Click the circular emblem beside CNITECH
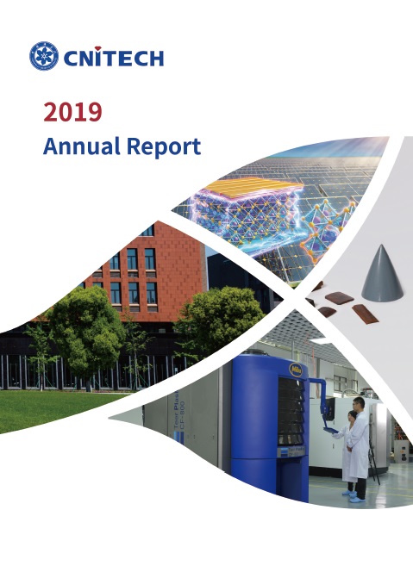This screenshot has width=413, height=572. [44, 56]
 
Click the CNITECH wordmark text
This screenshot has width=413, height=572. [114, 57]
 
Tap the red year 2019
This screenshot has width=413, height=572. [72, 112]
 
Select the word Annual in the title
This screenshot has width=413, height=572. [81, 146]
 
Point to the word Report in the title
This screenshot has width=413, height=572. [164, 147]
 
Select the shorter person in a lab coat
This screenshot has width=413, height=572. [347, 451]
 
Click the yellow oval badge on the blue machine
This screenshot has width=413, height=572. [296, 370]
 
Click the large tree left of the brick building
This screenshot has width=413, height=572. [85, 328]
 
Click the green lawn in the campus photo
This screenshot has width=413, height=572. [55, 408]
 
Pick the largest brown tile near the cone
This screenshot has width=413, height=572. [339, 298]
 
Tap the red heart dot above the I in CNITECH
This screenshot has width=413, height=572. [97, 48]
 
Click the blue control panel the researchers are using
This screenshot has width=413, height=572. [331, 430]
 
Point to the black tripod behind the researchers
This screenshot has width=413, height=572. [373, 463]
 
